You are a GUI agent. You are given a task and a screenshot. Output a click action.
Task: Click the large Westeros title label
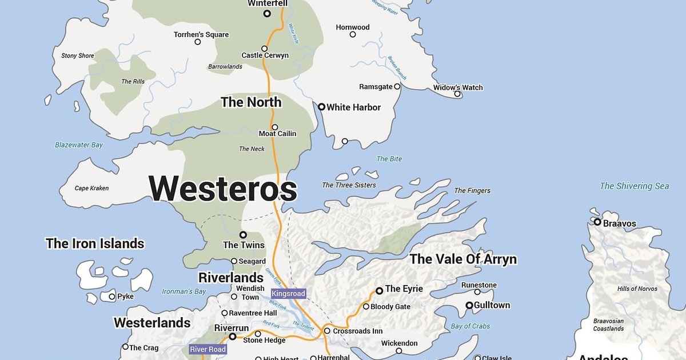point(223,189)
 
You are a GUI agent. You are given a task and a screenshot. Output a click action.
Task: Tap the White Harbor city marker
point(321,107)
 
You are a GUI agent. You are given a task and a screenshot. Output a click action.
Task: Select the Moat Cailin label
point(278,134)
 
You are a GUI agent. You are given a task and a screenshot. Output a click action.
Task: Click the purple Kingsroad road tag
point(288,294)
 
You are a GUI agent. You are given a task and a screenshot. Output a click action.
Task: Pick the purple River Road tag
point(208,349)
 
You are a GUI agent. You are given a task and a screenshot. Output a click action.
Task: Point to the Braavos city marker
point(597,222)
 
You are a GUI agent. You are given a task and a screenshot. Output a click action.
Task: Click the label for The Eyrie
point(404,289)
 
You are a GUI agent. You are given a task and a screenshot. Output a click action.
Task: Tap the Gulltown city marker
point(469,306)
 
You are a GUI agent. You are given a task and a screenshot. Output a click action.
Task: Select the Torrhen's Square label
point(201,35)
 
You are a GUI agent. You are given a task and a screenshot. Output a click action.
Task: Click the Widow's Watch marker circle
point(457,94)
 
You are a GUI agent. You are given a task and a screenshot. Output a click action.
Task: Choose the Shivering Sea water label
point(634,186)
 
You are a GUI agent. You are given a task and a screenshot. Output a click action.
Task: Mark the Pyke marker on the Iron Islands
point(112,297)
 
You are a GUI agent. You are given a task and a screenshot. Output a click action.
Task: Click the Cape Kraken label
point(91,189)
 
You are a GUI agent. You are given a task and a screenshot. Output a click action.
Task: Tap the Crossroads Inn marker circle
point(327,331)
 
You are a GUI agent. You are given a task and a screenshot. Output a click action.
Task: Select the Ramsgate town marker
point(397,87)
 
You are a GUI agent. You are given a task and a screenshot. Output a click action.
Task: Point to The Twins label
point(244,245)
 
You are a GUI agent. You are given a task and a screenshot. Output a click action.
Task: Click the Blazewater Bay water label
point(79,145)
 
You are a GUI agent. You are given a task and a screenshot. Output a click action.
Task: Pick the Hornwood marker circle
point(353,35)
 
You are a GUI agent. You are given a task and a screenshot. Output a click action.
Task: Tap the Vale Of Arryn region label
point(463,259)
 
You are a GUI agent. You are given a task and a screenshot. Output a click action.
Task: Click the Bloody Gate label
point(390,307)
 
